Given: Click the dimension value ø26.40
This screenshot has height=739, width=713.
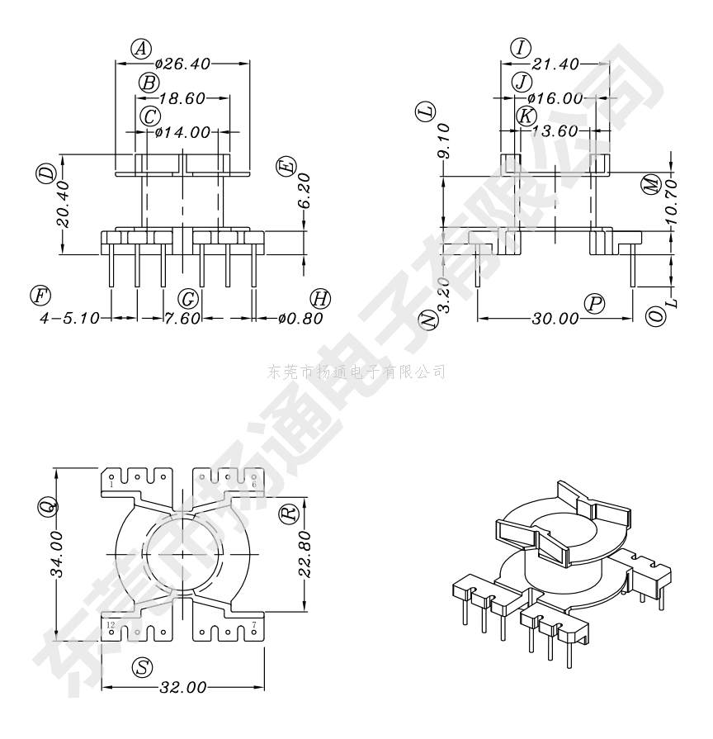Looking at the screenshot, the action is [182, 64].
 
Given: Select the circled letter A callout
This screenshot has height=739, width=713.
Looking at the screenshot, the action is [140, 49].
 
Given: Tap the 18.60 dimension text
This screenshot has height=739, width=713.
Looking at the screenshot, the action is [182, 98].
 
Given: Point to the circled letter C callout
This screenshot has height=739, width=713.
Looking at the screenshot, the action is [150, 116].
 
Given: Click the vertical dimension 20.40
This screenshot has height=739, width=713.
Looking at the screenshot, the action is [63, 204].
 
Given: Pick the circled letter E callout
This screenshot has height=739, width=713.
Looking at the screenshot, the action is [287, 167].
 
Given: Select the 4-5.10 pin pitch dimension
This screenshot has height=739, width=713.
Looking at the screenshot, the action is [69, 318].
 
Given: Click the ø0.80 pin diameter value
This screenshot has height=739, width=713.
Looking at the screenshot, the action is [300, 318].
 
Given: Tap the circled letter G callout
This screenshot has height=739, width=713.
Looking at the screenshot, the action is [188, 299].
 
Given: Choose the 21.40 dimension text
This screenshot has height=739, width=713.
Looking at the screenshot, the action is [555, 64].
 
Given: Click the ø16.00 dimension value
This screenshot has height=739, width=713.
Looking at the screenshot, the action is [555, 98].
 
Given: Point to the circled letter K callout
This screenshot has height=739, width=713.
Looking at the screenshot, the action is [526, 116].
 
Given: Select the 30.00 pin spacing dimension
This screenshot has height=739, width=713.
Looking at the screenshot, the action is [555, 319].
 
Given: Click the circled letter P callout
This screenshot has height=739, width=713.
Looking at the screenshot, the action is [594, 304].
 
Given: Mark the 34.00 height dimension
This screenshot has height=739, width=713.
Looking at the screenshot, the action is [56, 554].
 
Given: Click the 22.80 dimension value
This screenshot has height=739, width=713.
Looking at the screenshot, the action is [305, 554].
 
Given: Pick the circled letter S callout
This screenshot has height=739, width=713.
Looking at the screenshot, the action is [143, 667].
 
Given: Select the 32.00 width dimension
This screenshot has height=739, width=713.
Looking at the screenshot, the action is [183, 688].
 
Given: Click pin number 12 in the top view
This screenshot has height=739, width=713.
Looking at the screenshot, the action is [111, 625].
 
